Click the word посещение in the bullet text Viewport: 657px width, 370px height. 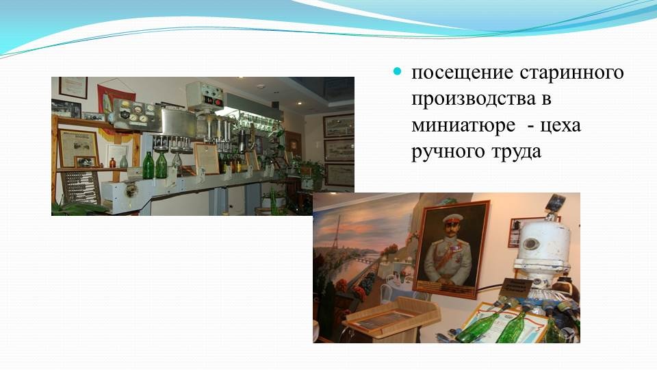pyautogui.click(x=462, y=73)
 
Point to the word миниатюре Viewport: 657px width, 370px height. pyautogui.click(x=463, y=125)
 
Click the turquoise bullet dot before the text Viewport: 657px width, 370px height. pyautogui.click(x=397, y=72)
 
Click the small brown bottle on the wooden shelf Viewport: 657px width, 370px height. pyautogui.click(x=112, y=163)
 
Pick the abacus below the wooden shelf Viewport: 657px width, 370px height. pyautogui.click(x=81, y=188)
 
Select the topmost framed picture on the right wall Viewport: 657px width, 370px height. pyautogui.click(x=339, y=125)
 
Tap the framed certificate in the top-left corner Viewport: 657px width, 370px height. pyautogui.click(x=73, y=87)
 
